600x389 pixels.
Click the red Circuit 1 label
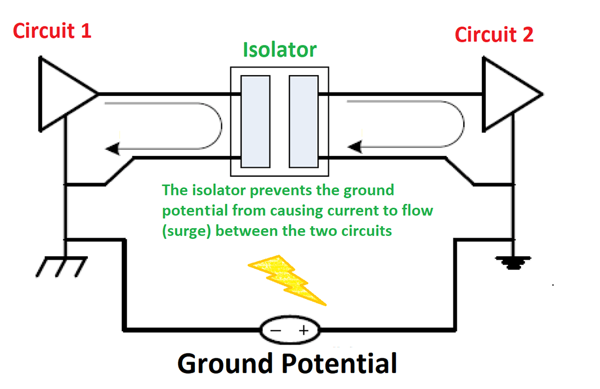52,31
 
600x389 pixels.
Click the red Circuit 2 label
494,35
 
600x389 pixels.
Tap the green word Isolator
280,50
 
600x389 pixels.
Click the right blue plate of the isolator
304,121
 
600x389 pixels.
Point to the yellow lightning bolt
288,280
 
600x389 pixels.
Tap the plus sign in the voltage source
302,331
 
